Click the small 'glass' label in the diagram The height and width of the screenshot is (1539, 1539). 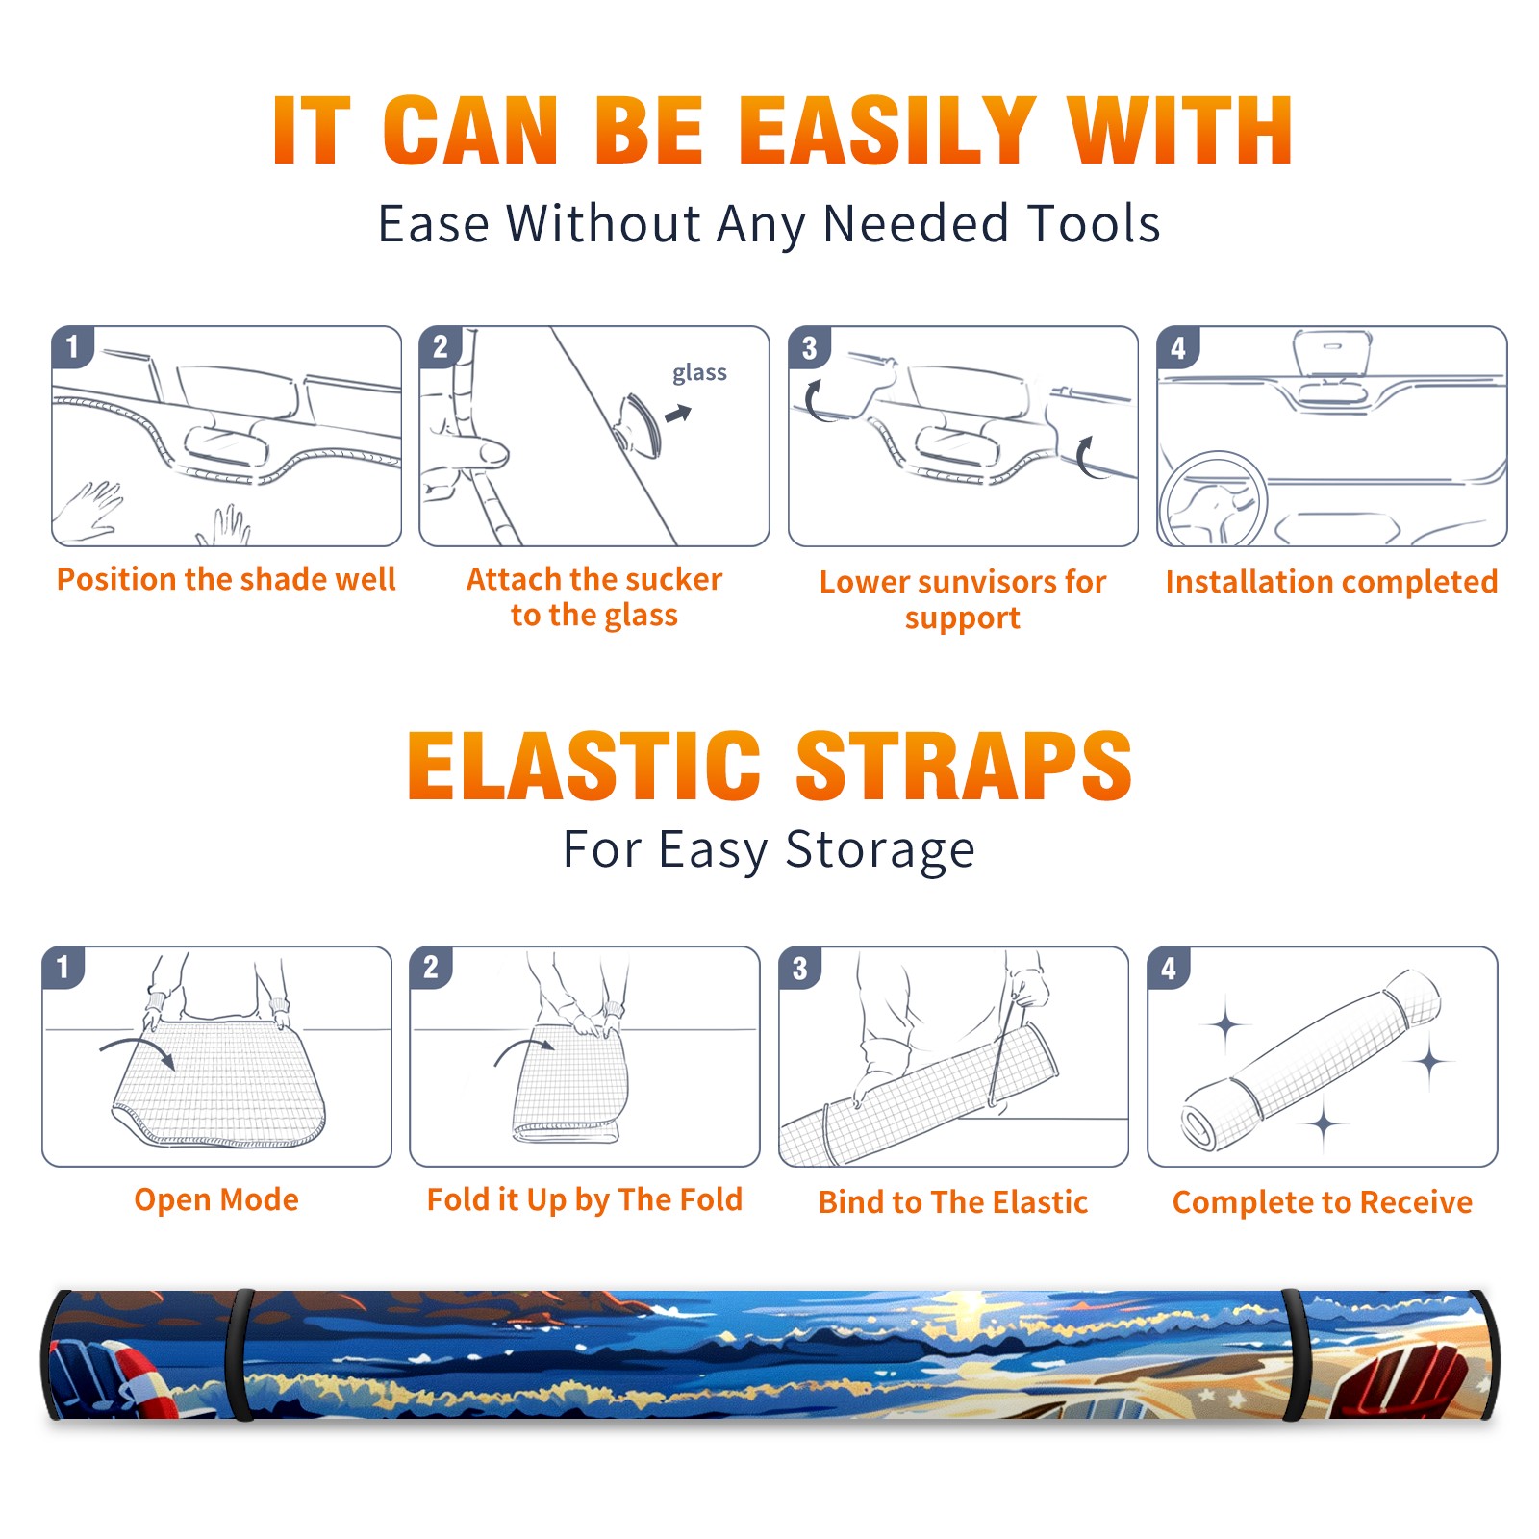click(x=699, y=372)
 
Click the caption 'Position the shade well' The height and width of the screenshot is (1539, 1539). click(x=226, y=579)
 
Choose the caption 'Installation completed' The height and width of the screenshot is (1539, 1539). click(x=1331, y=582)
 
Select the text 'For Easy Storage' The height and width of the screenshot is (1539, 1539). click(x=769, y=849)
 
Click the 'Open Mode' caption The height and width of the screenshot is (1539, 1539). click(x=216, y=1199)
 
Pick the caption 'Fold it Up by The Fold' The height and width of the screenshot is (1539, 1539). click(x=585, y=1200)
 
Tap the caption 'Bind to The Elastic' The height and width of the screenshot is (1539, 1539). click(x=953, y=1202)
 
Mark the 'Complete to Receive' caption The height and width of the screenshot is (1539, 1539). click(x=1323, y=1202)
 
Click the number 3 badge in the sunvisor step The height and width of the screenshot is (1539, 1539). click(x=809, y=347)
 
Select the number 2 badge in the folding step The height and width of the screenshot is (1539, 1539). click(x=431, y=967)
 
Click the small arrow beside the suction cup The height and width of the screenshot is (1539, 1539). click(x=678, y=414)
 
